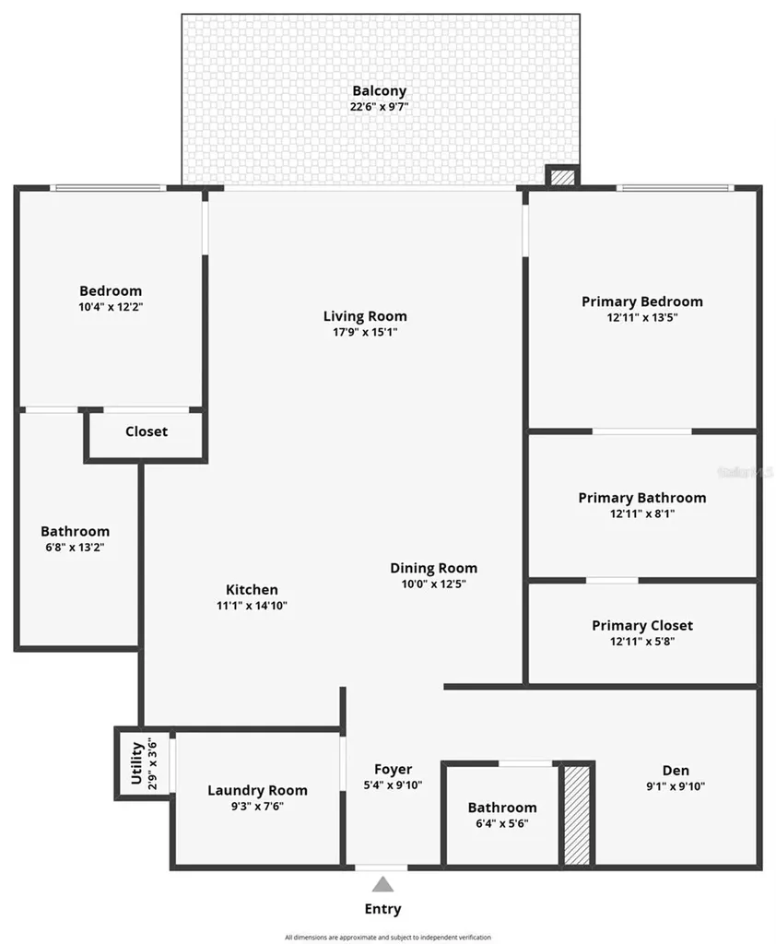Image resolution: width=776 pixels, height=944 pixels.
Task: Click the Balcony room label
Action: click(379, 91)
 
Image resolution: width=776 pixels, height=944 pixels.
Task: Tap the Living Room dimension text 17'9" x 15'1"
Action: click(365, 332)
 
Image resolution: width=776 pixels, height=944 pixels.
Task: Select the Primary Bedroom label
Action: click(641, 301)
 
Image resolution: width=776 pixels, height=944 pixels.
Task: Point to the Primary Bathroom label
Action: click(641, 498)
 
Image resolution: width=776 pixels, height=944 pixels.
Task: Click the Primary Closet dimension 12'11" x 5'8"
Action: click(641, 642)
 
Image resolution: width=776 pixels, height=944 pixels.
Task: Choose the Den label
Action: click(675, 771)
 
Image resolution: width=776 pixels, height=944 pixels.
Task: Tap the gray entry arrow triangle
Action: click(382, 885)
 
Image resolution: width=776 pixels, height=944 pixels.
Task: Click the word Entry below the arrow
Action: click(382, 909)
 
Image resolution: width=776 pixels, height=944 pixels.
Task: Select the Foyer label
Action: click(393, 769)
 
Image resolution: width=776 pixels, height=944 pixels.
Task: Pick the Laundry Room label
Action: click(257, 790)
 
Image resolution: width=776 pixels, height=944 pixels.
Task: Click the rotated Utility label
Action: click(136, 762)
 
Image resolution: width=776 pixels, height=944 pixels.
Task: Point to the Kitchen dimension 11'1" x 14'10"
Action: click(252, 606)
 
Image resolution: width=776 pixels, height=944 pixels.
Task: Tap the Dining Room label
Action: click(433, 568)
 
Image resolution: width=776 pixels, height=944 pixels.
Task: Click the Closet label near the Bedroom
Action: click(147, 431)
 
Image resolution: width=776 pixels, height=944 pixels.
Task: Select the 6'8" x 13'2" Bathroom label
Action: click(75, 532)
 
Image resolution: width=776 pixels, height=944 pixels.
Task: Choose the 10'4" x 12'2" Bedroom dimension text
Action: click(111, 307)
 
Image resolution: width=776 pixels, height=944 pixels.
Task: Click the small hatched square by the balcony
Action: click(560, 177)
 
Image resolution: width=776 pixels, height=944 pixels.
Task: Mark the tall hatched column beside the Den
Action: click(577, 815)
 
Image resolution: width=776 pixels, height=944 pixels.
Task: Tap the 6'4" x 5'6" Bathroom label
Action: click(501, 808)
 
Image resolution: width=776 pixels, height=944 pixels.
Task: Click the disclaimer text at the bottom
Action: click(387, 937)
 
